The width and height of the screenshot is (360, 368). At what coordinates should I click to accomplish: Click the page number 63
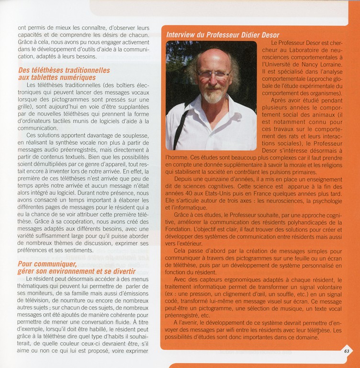coord(346,350)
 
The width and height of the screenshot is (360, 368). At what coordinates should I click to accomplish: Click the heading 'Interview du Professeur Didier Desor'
coord(223,35)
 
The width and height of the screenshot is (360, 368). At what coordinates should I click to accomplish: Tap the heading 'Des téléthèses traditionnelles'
coord(64,70)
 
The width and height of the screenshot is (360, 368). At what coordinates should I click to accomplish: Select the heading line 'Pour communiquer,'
coord(47,264)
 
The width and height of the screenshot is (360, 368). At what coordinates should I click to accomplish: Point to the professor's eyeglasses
coord(213,75)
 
